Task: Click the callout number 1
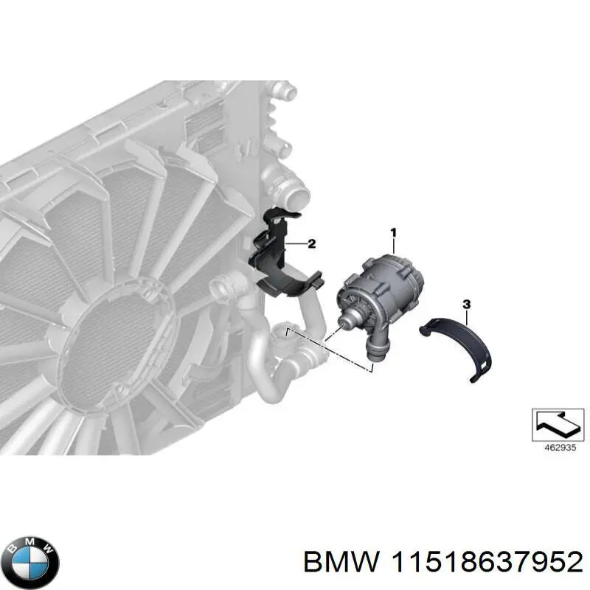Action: coord(393,233)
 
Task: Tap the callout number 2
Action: coord(311,243)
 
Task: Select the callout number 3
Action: coord(465,304)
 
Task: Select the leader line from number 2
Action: coord(296,243)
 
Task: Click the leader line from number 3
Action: coord(465,317)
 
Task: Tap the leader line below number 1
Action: coord(393,246)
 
